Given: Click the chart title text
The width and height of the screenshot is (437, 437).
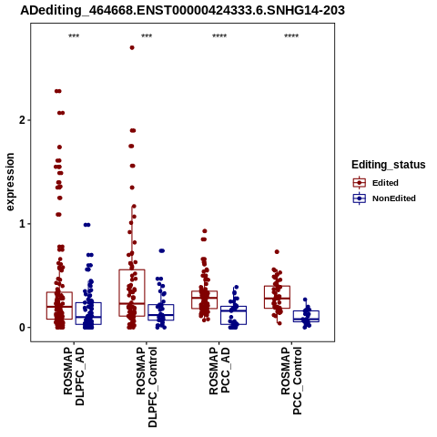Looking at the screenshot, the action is (x=182, y=10).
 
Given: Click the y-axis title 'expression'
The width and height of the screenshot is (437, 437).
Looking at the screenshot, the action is (x=10, y=182).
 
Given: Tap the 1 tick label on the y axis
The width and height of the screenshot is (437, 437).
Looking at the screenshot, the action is (x=22, y=224).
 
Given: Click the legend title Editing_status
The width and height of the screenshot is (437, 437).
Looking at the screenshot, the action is (x=389, y=165).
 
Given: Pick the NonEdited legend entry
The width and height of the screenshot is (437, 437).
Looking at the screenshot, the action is (x=384, y=198).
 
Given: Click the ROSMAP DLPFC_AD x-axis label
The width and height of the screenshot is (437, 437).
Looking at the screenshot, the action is (x=74, y=377).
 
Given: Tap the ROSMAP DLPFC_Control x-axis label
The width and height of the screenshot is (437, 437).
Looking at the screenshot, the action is (x=147, y=387).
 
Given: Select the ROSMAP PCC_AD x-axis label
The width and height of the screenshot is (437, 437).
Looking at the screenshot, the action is (x=219, y=371).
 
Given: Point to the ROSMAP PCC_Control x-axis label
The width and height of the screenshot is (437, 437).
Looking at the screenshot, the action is (x=291, y=381).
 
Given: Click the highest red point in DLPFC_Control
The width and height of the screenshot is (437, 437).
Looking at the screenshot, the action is (x=132, y=47).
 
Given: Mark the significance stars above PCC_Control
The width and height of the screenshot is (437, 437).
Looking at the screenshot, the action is (x=291, y=36).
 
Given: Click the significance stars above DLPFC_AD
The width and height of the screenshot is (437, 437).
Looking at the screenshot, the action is (x=74, y=36).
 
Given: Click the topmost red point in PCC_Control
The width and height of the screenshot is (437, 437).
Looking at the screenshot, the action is (x=277, y=252).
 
